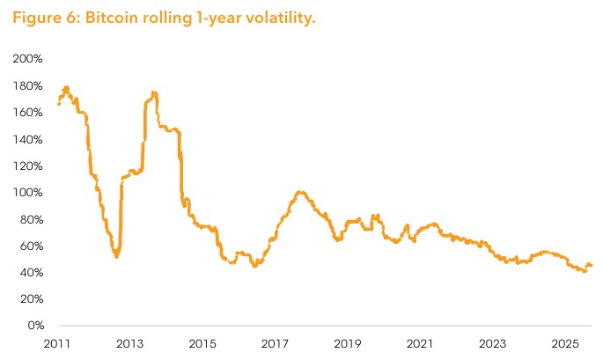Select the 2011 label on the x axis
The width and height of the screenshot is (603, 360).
click(x=57, y=343)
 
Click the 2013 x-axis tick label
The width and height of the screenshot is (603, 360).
click(x=129, y=343)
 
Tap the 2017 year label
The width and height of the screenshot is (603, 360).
click(x=276, y=343)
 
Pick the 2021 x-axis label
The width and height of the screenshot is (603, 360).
click(x=421, y=343)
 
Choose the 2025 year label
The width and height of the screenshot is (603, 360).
click(x=566, y=343)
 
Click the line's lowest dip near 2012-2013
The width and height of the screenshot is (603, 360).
click(x=116, y=256)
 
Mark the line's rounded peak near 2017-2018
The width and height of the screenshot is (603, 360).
click(x=301, y=192)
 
